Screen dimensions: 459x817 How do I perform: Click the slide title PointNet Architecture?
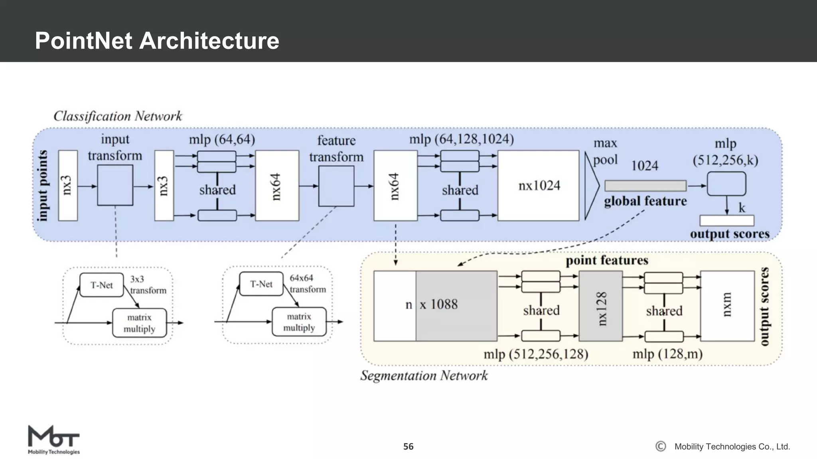[x=157, y=41]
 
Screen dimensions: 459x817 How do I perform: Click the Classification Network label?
[x=118, y=116]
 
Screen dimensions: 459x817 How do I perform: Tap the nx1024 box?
[x=538, y=185]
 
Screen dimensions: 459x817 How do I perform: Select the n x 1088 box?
[x=435, y=306]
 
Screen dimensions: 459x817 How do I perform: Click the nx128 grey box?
[x=600, y=306]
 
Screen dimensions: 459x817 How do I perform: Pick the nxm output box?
[x=727, y=306]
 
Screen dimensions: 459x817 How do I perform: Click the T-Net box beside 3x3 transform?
[x=101, y=285]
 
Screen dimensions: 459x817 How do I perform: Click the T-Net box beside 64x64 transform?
[x=261, y=284]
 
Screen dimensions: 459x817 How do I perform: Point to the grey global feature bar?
[x=645, y=186]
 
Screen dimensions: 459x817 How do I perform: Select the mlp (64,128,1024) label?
[x=462, y=139]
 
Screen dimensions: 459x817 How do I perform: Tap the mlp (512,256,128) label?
[x=536, y=354]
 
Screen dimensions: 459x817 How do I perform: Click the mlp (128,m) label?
[x=667, y=354]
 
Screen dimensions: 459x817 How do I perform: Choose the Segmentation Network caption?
[x=424, y=375]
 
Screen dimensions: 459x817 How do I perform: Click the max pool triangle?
[x=591, y=186]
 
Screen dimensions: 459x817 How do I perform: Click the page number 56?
[x=408, y=447]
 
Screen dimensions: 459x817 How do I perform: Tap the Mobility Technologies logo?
[x=53, y=439]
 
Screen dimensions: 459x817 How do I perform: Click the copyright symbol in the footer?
[x=661, y=446]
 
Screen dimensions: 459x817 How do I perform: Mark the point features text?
[x=607, y=261]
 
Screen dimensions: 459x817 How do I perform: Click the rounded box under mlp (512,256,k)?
[x=726, y=184]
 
